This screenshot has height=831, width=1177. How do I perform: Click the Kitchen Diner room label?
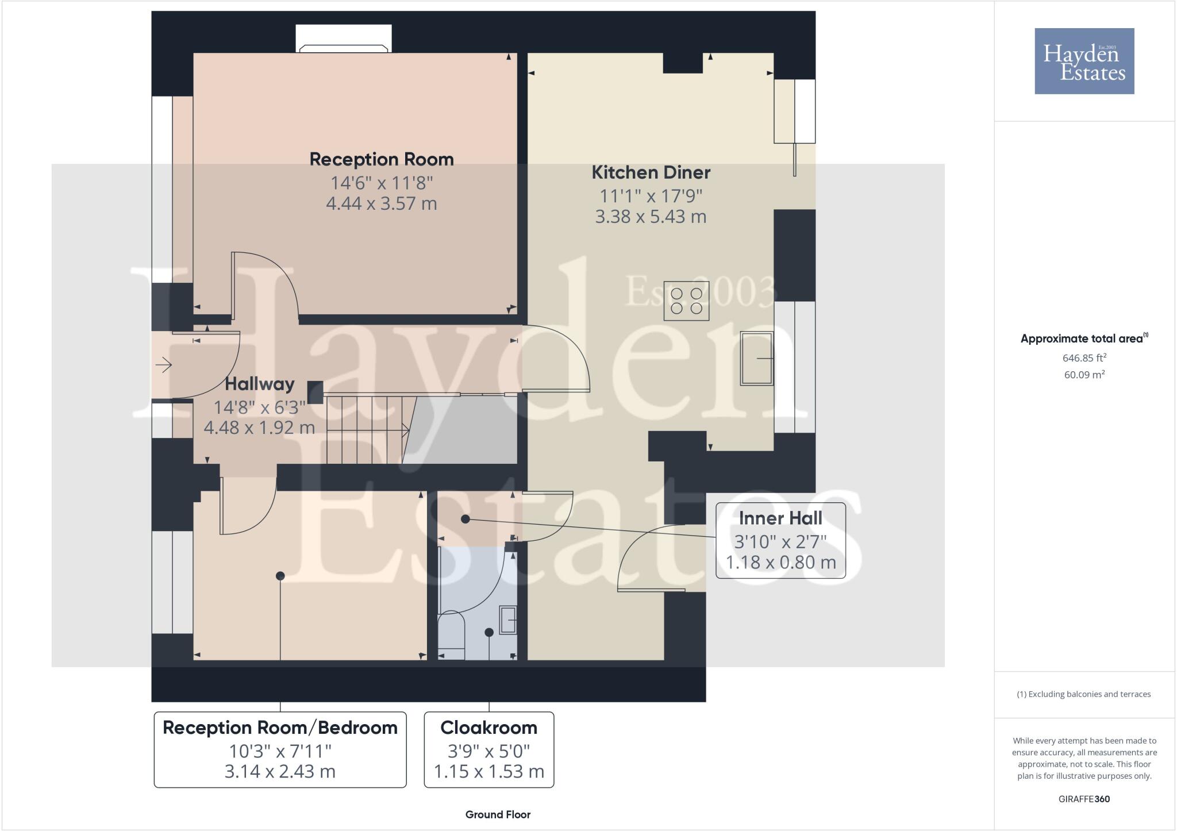click(x=651, y=172)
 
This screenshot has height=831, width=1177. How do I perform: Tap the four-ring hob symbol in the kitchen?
click(x=686, y=301)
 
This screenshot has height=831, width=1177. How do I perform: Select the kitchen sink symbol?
click(x=757, y=358)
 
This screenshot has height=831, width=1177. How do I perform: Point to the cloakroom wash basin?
click(x=507, y=620)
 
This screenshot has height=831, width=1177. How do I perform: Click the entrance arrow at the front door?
click(x=163, y=365)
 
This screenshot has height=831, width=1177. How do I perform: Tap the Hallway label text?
click(x=259, y=384)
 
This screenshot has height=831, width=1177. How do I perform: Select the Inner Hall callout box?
click(x=780, y=540)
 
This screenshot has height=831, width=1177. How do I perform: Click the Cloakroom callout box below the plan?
click(x=489, y=749)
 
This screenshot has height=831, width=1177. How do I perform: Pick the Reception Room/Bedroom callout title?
click(x=280, y=728)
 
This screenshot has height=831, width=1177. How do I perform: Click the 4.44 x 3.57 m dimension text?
click(x=382, y=203)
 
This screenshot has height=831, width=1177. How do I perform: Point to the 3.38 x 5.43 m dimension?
click(x=651, y=217)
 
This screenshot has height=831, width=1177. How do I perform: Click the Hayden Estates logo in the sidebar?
click(x=1084, y=61)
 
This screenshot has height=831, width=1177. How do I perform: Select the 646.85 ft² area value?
click(x=1084, y=357)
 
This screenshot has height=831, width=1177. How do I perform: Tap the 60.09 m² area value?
click(x=1084, y=375)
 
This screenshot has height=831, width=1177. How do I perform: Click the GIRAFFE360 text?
click(x=1084, y=799)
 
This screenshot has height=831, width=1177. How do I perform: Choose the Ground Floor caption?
click(x=498, y=814)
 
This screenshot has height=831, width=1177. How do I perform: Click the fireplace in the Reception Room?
click(x=344, y=39)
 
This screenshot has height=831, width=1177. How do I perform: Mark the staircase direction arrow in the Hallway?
click(x=368, y=430)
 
